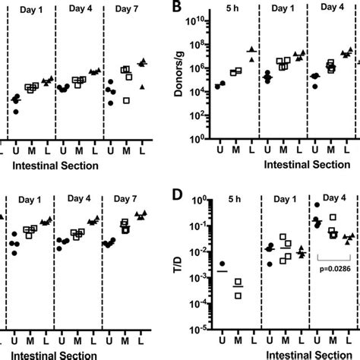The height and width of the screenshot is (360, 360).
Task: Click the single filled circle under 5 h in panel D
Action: [222, 264]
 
